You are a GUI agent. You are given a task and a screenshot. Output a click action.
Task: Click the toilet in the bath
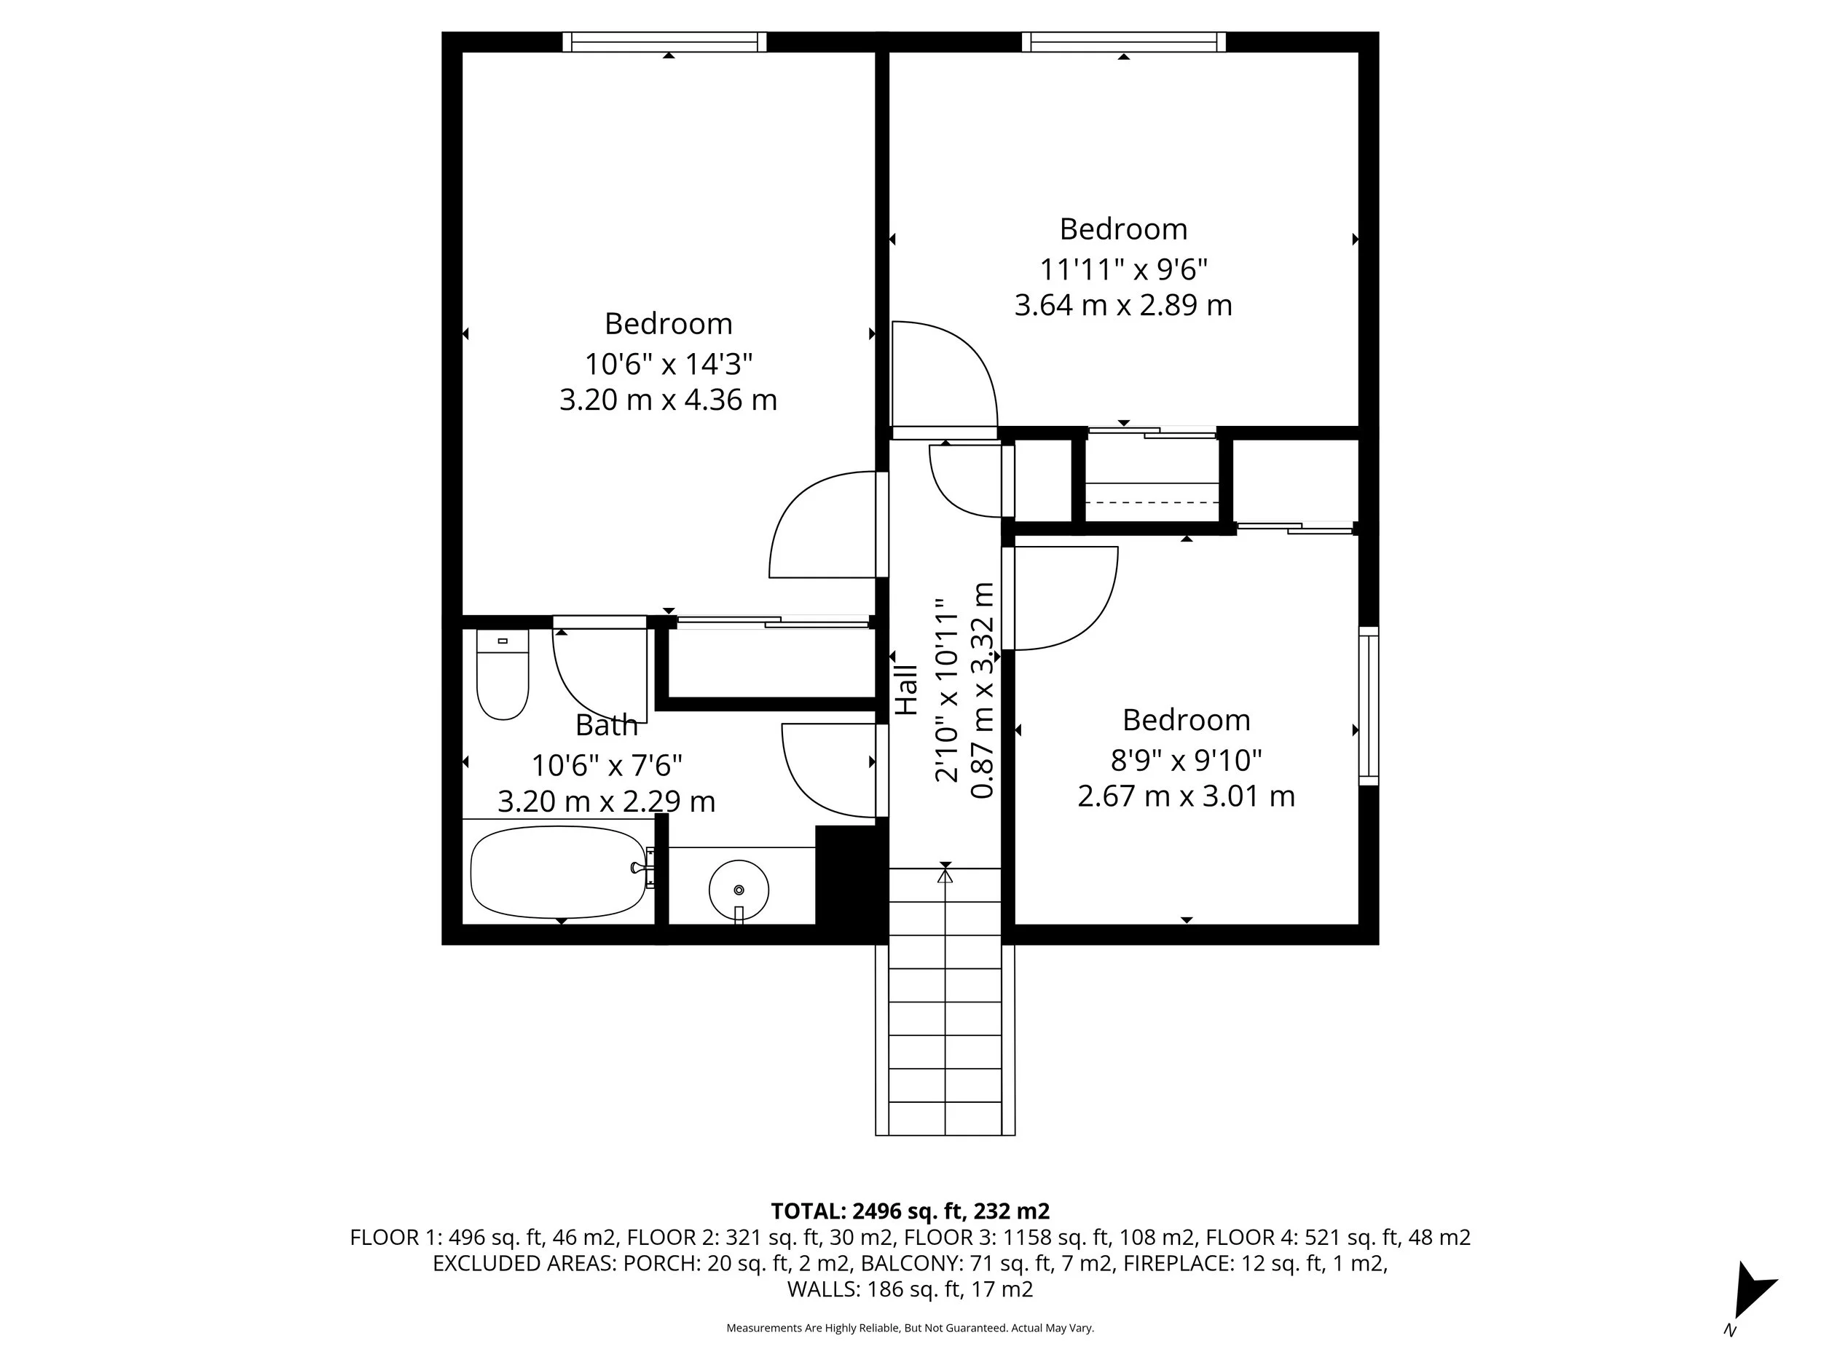[x=502, y=675]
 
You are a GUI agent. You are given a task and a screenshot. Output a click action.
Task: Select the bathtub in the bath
[x=558, y=872]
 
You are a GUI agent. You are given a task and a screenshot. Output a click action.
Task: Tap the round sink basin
[x=739, y=890]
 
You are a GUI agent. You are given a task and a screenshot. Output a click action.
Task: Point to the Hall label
[x=905, y=689]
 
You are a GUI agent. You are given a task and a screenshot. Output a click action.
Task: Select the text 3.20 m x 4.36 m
[x=668, y=400]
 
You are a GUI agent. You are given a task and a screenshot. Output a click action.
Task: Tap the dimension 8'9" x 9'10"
[x=1185, y=760]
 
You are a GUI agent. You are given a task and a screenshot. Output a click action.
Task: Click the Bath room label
[x=606, y=725]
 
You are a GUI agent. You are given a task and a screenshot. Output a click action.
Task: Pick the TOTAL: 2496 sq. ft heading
[x=910, y=1211]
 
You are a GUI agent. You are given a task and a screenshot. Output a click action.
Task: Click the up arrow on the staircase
[x=945, y=877]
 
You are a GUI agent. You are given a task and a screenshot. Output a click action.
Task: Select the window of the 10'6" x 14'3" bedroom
[x=664, y=41]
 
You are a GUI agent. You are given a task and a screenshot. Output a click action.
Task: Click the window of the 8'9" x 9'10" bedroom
[x=1367, y=705]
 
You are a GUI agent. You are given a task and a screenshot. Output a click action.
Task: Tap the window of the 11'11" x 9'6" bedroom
[x=1123, y=41]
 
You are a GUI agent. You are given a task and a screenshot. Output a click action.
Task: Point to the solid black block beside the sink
[x=850, y=876]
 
